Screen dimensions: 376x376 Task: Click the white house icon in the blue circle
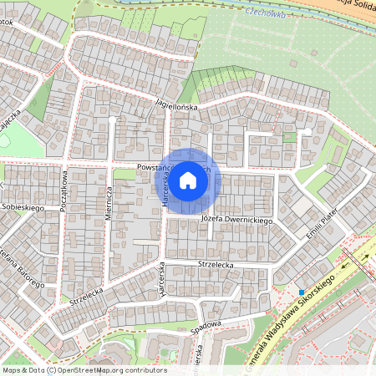click(188, 179)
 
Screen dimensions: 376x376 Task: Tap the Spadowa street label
click(206, 324)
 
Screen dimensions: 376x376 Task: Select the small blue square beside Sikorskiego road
click(301, 292)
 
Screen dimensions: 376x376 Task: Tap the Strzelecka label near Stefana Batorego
click(88, 293)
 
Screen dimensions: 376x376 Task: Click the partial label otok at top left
click(8, 23)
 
